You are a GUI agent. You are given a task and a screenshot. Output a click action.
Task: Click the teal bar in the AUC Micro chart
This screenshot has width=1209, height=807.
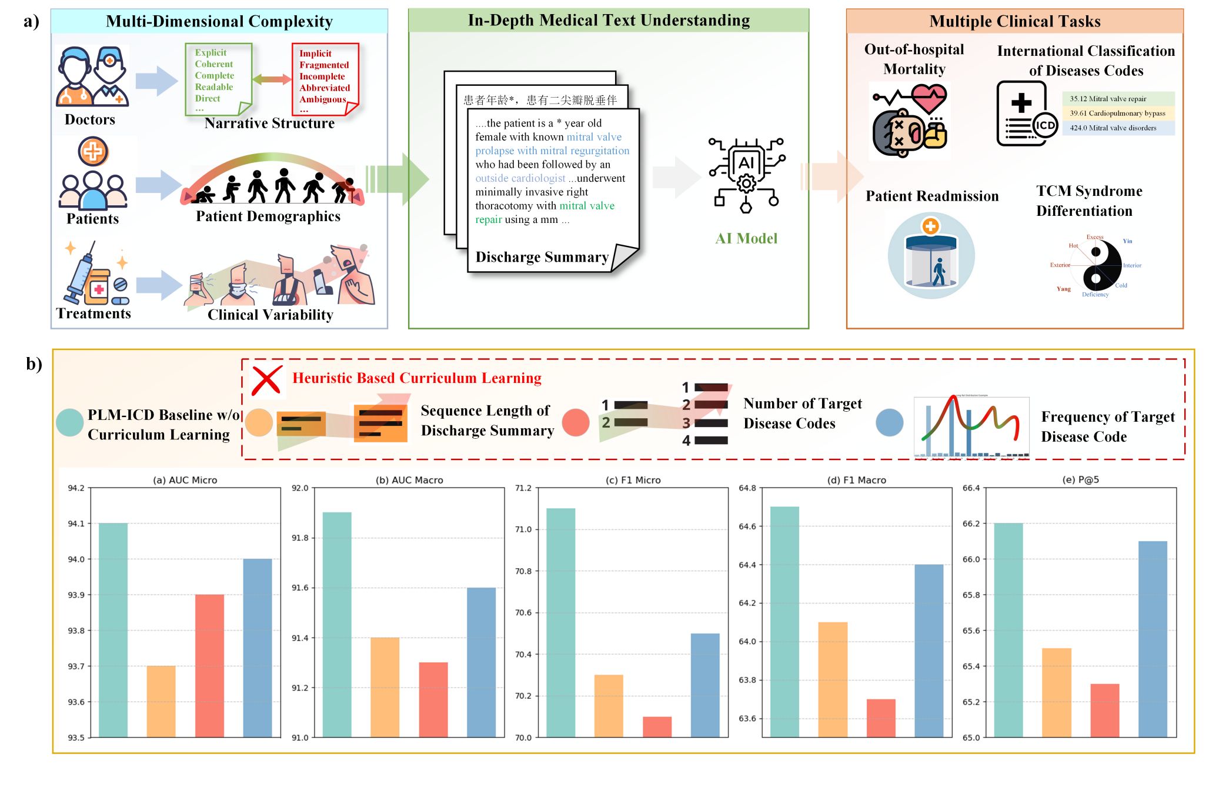coord(113,629)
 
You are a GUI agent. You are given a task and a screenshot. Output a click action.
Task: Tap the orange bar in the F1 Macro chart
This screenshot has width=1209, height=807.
coord(833,679)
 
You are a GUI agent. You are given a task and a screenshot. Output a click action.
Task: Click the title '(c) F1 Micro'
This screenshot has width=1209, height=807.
coord(633,480)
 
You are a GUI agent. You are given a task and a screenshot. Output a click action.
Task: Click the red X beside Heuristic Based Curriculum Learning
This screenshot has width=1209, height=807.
coord(266,380)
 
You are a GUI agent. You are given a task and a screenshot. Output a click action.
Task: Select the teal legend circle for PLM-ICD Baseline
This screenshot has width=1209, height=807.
coord(69,423)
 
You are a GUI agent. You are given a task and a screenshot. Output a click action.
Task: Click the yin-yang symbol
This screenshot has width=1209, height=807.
coord(1095,265)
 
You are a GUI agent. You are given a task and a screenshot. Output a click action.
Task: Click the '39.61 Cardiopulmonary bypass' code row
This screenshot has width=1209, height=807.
coord(1118,114)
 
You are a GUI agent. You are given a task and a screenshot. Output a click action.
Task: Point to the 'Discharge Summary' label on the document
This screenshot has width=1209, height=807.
coord(542,257)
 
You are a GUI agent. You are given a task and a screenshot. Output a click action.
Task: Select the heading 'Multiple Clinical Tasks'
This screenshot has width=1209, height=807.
coord(1014,22)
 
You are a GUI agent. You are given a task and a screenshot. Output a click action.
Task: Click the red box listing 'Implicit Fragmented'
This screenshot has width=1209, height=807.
coord(325,79)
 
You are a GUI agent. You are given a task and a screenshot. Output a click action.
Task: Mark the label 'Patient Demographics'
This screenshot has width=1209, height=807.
coord(268,216)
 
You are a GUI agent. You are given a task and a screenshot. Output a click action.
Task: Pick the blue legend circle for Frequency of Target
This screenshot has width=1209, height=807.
coord(889,423)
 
